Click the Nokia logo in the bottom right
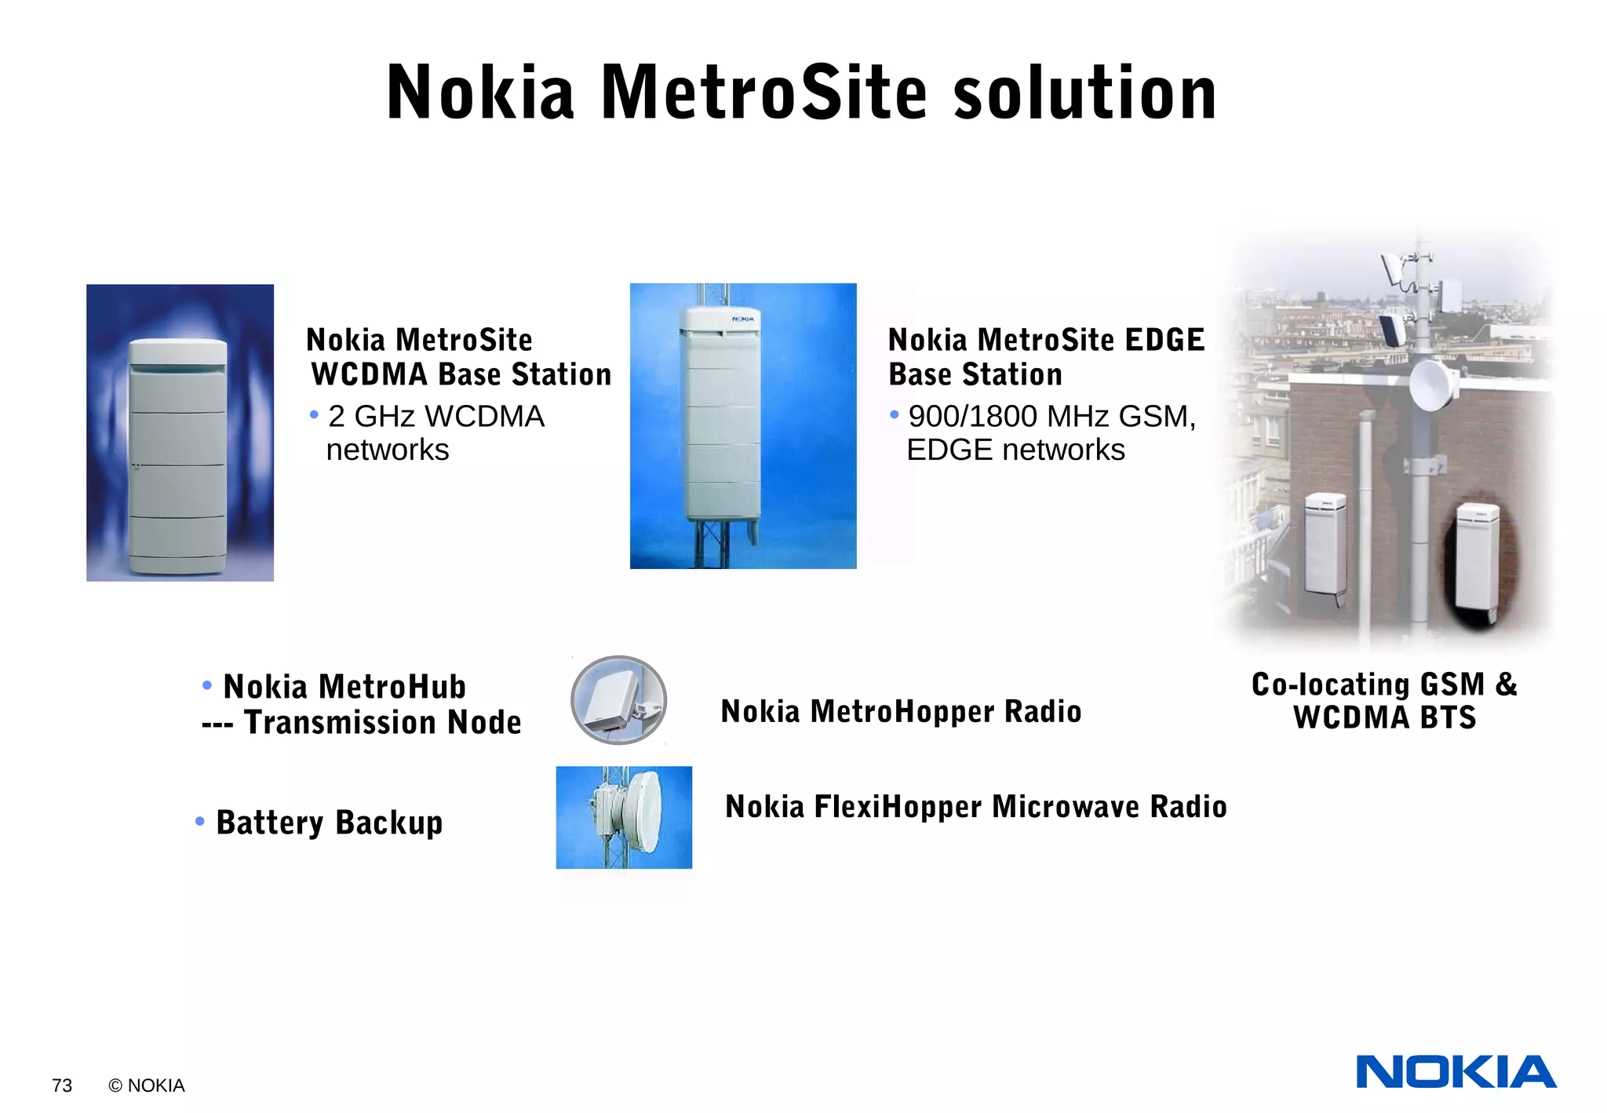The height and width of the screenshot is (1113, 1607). (1456, 1071)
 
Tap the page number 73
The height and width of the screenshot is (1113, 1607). (62, 1086)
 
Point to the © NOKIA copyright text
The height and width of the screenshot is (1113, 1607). (147, 1086)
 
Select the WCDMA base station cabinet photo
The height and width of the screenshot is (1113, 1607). (180, 432)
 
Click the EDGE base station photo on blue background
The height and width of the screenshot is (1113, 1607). (743, 425)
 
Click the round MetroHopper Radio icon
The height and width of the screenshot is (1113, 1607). (618, 700)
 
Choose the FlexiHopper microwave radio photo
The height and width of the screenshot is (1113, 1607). (624, 817)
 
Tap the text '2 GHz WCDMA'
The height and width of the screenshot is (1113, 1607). (435, 417)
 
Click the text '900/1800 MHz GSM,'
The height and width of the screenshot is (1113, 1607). (1051, 417)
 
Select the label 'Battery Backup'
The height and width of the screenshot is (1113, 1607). (329, 823)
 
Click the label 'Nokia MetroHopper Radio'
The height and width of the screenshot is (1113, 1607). (901, 712)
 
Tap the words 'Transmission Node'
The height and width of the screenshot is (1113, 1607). (382, 722)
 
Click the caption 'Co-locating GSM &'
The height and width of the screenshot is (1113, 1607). (1384, 684)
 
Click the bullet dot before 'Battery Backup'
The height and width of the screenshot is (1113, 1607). (200, 821)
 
